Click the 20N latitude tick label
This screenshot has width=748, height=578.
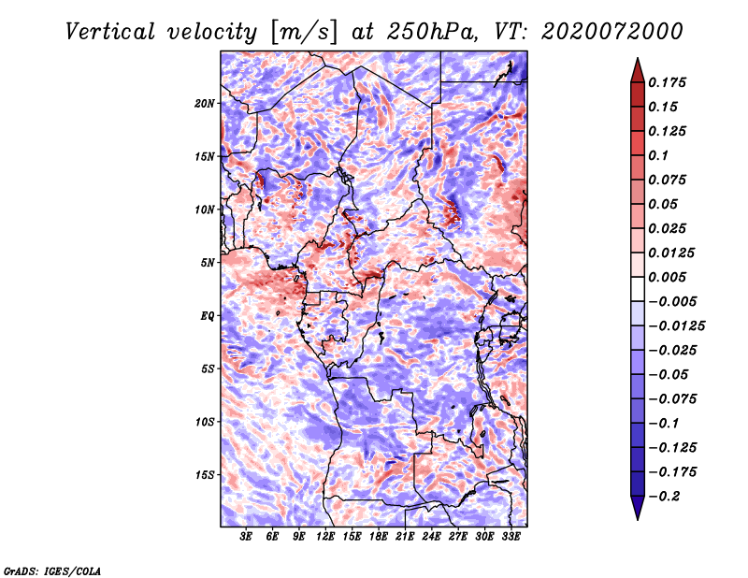click(205, 104)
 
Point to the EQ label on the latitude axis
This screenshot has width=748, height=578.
click(208, 316)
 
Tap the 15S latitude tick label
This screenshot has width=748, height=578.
click(205, 475)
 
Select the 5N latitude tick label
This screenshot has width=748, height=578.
click(208, 263)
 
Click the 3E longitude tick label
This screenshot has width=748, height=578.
click(246, 537)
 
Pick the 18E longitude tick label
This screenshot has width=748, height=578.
click(379, 537)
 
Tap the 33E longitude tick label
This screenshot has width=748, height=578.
click(511, 537)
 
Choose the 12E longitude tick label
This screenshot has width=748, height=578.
click(325, 537)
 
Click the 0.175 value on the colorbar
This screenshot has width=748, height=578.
click(667, 82)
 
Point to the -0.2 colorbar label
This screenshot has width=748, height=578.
click(664, 497)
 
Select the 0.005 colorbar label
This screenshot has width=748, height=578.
click(667, 277)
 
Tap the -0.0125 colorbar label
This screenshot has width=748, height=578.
click(676, 326)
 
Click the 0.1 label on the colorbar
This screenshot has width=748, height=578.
click(658, 155)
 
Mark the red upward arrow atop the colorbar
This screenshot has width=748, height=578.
click(638, 70)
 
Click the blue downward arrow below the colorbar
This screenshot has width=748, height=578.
click(638, 508)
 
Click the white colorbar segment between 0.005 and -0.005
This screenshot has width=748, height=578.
click(638, 289)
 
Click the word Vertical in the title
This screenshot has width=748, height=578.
click(110, 32)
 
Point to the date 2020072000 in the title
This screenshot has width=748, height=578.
click(612, 32)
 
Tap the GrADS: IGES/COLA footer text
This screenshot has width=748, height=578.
click(52, 571)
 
